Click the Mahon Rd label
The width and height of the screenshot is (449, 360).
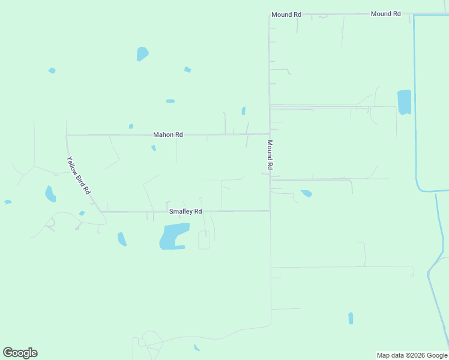[167, 135]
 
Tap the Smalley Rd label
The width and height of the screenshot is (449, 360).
[185, 212]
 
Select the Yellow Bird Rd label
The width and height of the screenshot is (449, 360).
[79, 175]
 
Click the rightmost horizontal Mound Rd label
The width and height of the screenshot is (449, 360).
[385, 14]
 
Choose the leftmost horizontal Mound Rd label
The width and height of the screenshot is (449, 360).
[286, 14]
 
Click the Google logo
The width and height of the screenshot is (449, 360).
[20, 353]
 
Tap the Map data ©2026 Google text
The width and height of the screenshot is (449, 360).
[412, 355]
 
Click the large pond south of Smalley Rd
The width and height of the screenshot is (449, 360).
[173, 235]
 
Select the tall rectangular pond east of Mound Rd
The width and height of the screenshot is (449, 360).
[404, 102]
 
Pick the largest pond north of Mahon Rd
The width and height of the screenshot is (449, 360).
[142, 54]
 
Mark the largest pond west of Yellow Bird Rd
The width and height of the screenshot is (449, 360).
[50, 194]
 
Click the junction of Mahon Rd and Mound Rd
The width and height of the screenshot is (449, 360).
[269, 134]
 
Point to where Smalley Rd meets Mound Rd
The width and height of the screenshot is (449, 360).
[270, 211]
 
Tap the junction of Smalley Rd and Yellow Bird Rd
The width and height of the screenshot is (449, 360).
[100, 212]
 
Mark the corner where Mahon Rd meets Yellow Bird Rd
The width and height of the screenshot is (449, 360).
[67, 136]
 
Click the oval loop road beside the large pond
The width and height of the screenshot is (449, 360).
[204, 240]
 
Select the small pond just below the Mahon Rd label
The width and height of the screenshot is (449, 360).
[154, 148]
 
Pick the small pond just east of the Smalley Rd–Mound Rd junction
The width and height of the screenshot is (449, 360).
[307, 193]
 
